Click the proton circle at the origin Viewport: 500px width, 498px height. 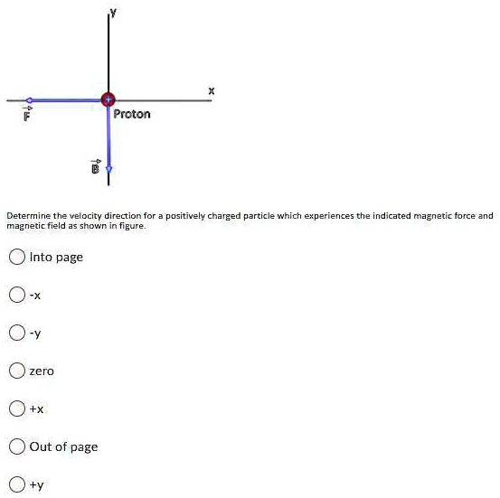[x=108, y=99]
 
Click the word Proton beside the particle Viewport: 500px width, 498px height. [x=132, y=115]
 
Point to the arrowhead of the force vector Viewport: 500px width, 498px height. [x=29, y=99]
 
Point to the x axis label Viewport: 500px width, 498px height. [x=212, y=89]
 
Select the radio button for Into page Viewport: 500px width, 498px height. [x=16, y=257]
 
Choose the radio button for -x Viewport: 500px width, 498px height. [x=16, y=295]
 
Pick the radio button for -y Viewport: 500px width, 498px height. [x=16, y=333]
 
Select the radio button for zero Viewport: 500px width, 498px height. [x=16, y=371]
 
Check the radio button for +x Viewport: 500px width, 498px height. [x=16, y=409]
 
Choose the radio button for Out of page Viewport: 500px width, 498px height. [x=16, y=446]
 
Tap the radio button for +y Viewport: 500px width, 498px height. [x=16, y=484]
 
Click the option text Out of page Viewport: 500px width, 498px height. [x=63, y=446]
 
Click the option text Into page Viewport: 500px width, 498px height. [x=56, y=257]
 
